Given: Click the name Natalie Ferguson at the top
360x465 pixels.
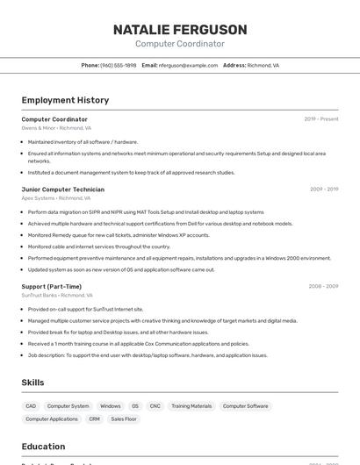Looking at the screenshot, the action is click(180, 30).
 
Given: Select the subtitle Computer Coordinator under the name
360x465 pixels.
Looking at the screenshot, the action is click(180, 44).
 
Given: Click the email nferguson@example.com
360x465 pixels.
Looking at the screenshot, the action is click(188, 65).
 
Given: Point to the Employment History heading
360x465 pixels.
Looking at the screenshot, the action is click(65, 100).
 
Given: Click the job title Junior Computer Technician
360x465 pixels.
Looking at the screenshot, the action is click(62, 189).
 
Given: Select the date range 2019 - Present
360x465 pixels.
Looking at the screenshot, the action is click(321, 119).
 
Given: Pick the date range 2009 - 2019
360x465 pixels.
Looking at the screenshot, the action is click(324, 189).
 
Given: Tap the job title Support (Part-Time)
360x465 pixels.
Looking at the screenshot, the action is click(51, 286).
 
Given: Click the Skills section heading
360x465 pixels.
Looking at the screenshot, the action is click(33, 383).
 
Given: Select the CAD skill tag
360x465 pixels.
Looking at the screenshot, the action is click(31, 406).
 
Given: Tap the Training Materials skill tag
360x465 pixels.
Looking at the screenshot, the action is click(191, 406).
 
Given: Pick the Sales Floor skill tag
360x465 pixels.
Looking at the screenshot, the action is click(124, 419).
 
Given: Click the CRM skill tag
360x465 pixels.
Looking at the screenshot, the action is click(94, 419).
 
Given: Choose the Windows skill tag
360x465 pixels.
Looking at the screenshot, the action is click(111, 406).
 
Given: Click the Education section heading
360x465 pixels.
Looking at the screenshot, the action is click(44, 447).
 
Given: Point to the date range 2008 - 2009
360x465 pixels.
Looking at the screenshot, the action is click(323, 286).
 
